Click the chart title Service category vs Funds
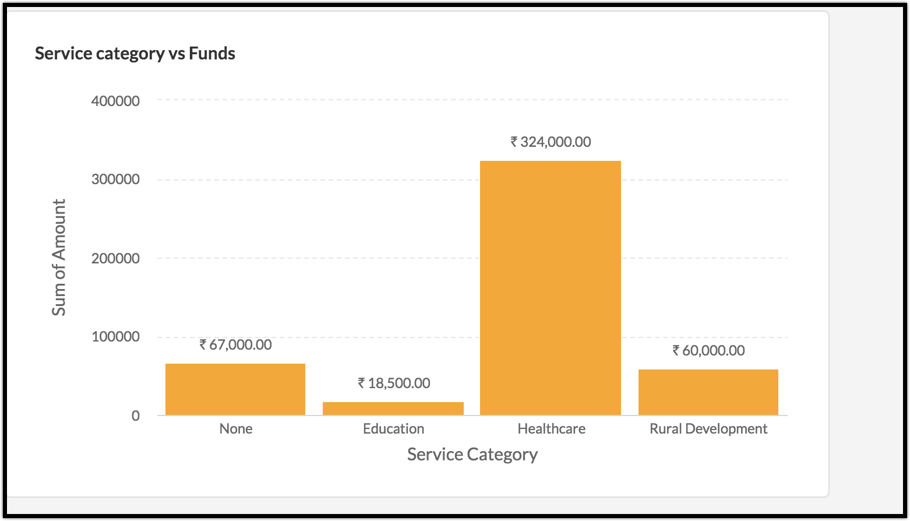click(135, 54)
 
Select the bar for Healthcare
click(551, 288)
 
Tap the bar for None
click(235, 389)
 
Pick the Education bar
click(393, 409)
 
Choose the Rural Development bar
click(708, 392)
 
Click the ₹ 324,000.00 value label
click(551, 142)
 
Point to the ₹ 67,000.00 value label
click(235, 344)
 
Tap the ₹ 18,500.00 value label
click(394, 383)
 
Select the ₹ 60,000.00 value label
click(708, 350)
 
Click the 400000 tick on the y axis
click(115, 101)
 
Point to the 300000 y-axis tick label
click(115, 179)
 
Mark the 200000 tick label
click(115, 258)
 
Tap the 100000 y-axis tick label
click(115, 337)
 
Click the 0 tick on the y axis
click(136, 416)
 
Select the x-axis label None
click(236, 429)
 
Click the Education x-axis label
click(394, 429)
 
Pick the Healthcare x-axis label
click(551, 429)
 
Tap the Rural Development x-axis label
click(708, 429)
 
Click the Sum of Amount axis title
click(59, 258)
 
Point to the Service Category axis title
click(472, 454)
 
